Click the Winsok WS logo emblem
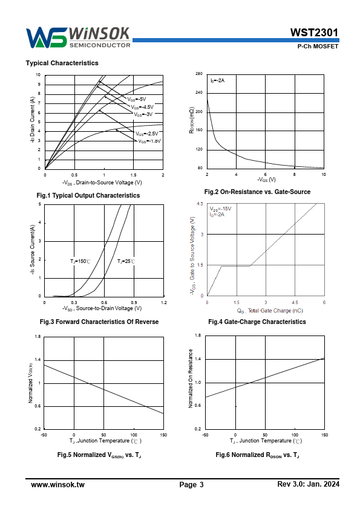point(46,38)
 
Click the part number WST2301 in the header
point(314,33)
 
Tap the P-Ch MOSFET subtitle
point(318,47)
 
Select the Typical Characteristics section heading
point(62,63)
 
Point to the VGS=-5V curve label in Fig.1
point(137,99)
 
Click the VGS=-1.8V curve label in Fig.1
point(149,141)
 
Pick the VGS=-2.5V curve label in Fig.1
point(147,134)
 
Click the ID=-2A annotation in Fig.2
point(217,80)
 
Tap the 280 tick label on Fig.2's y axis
point(199,74)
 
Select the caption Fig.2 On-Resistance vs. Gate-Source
point(257,192)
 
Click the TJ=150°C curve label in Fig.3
point(80,261)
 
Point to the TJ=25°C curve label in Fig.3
point(126,261)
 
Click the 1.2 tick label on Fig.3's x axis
point(164,302)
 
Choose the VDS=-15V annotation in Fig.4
point(221,209)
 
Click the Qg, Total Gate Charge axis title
point(270,311)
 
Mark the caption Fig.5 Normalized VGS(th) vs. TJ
point(99,455)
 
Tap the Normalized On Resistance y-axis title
point(191,378)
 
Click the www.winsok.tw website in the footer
point(58,485)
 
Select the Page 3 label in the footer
point(191,485)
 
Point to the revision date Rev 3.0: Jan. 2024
point(309,484)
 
